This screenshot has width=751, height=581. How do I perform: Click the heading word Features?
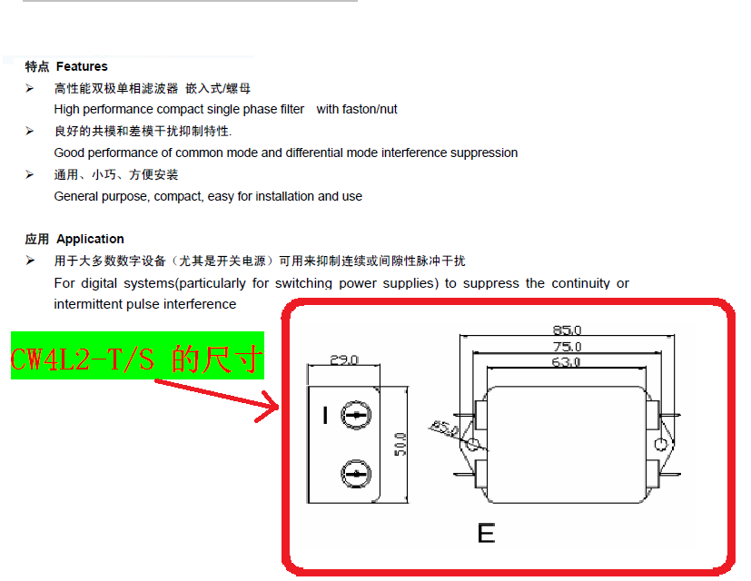(82, 66)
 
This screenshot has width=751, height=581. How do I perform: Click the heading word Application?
(90, 239)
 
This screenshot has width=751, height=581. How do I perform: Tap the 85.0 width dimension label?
(567, 330)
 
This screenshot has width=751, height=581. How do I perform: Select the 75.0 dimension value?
(567, 347)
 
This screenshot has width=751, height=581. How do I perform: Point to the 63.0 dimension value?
(567, 362)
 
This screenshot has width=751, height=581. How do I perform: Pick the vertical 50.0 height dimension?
(400, 444)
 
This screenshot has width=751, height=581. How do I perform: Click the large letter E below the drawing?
(486, 533)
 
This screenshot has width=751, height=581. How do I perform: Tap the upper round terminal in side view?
(356, 416)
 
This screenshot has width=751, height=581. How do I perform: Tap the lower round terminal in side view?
(356, 474)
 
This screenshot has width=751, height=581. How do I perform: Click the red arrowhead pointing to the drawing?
(269, 406)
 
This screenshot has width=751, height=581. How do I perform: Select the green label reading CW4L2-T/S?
(137, 356)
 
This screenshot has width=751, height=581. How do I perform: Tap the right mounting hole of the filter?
(660, 443)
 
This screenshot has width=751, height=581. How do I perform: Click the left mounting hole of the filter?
(473, 443)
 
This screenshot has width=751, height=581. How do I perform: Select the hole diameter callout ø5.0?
(445, 426)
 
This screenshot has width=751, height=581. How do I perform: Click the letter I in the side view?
(325, 416)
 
